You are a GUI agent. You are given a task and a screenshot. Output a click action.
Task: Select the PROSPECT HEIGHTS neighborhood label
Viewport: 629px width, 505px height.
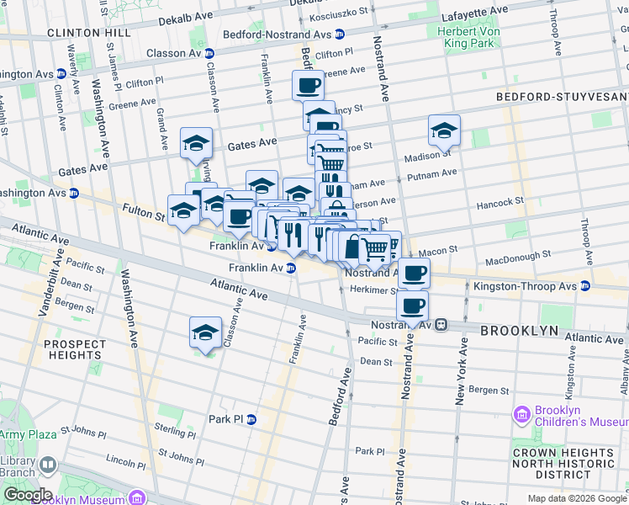point(75,349)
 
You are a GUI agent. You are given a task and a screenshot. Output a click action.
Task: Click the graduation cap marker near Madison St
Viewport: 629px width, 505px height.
point(444,130)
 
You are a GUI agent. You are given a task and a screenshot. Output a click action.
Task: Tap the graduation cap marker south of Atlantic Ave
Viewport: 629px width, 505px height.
point(205,332)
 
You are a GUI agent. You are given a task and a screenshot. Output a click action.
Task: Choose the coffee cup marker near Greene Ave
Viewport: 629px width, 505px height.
point(308,85)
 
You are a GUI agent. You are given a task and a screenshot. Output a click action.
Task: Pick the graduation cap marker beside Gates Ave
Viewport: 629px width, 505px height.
point(196,143)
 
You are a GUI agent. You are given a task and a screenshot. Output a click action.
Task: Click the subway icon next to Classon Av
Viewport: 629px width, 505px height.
point(209,53)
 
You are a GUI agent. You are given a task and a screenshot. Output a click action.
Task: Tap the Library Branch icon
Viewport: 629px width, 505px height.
point(47,465)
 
